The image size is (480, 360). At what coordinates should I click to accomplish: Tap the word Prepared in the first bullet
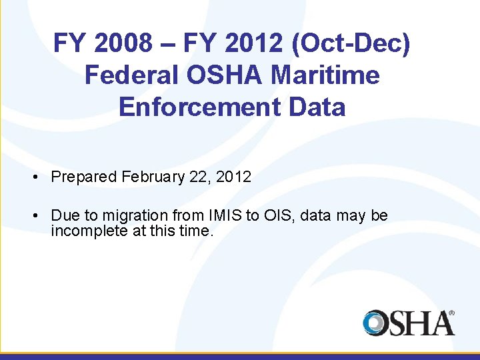pos(85,177)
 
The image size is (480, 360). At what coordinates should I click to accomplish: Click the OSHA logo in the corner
pos(407,323)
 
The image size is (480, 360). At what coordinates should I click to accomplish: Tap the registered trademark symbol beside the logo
pos(451,312)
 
